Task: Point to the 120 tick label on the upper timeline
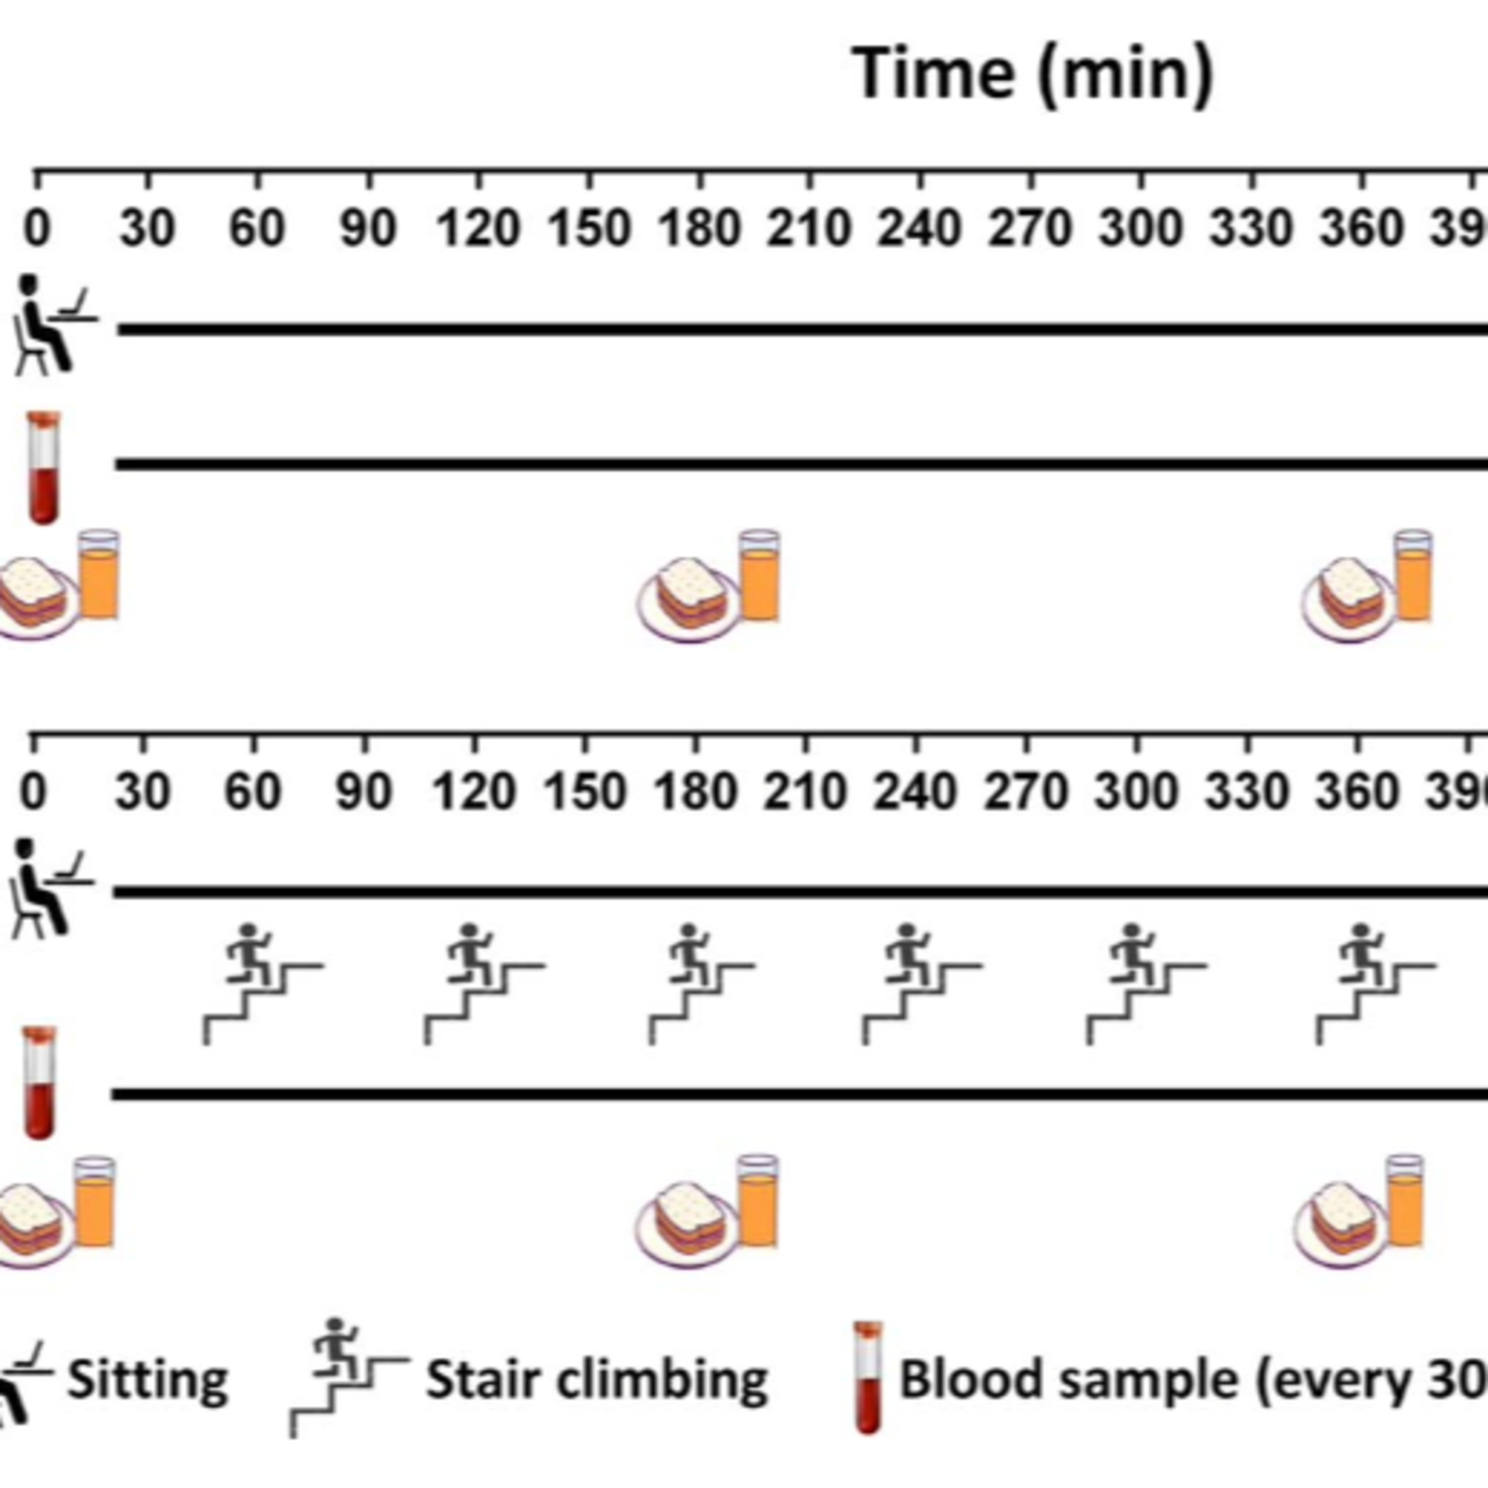478,229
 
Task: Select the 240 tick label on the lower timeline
915,792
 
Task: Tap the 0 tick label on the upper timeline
37,229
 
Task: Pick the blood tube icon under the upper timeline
43,468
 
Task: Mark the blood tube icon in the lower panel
39,1082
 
